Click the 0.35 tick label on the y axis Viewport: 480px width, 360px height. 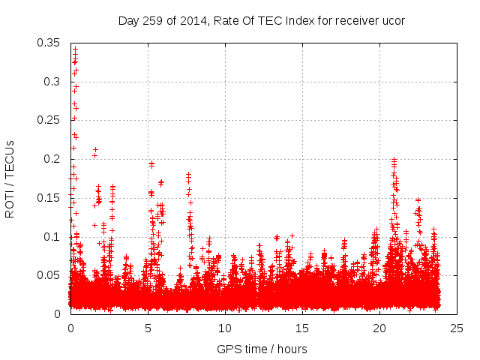50,42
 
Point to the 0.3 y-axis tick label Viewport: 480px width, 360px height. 53,81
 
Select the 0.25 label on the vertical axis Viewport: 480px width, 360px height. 50,120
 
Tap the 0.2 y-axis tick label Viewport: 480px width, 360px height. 53,159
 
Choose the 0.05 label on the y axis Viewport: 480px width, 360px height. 50,275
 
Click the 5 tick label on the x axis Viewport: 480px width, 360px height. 148,328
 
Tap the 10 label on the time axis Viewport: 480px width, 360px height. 225,328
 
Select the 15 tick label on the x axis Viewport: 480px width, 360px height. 302,328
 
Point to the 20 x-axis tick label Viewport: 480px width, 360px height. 379,328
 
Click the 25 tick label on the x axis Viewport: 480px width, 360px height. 457,328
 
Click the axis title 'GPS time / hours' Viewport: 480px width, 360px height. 262,349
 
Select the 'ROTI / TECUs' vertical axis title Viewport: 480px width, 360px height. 10,178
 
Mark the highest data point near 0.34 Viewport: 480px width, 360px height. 75,49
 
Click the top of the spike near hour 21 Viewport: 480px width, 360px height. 394,160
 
